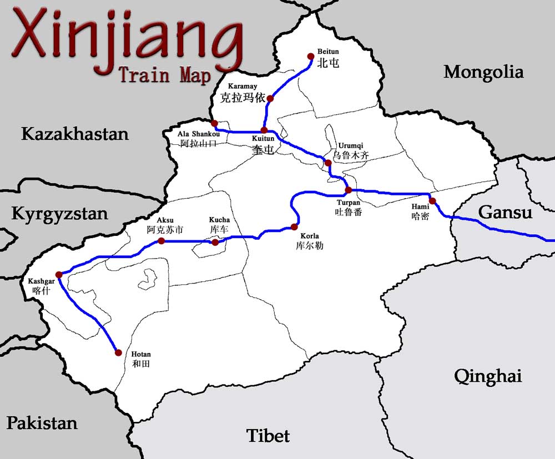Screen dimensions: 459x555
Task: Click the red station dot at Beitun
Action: click(x=311, y=56)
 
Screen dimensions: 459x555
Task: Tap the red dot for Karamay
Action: click(x=270, y=99)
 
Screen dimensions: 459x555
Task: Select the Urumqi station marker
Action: click(x=328, y=163)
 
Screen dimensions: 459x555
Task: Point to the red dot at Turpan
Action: click(x=349, y=190)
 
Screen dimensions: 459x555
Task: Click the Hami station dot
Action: click(x=432, y=201)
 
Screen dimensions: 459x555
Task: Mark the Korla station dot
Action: click(x=295, y=226)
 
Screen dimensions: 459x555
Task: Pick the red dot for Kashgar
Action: click(x=59, y=274)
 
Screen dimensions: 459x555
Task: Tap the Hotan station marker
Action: click(x=118, y=352)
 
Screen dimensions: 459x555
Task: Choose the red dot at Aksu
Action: click(x=161, y=241)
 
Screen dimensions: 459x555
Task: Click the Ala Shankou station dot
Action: click(x=214, y=123)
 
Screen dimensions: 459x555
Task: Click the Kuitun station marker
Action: click(x=264, y=130)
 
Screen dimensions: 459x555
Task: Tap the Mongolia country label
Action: click(x=483, y=72)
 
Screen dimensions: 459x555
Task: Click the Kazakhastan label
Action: click(x=75, y=134)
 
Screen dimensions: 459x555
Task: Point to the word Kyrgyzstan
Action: click(x=60, y=214)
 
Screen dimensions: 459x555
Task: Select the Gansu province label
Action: click(x=505, y=213)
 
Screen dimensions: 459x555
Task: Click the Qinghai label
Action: click(x=488, y=376)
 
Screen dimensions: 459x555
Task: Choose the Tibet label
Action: click(x=269, y=436)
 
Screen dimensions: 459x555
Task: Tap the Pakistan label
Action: click(x=42, y=423)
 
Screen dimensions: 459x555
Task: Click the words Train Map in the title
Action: click(x=165, y=75)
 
